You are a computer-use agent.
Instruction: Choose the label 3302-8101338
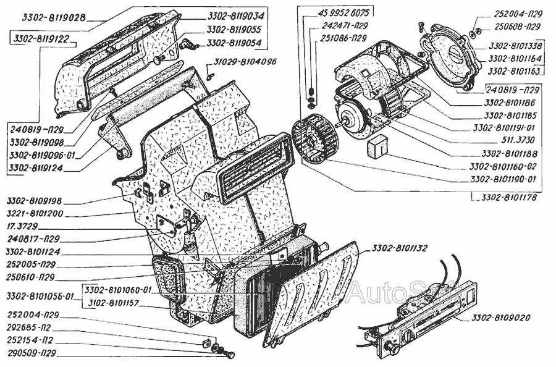coord(515,46)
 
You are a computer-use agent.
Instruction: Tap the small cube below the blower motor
coord(377,147)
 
